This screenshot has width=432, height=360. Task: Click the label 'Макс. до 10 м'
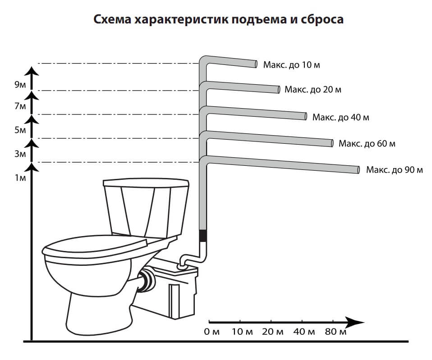(285, 64)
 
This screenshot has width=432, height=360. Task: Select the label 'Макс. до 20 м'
(313, 89)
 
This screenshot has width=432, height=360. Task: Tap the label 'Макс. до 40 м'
(340, 117)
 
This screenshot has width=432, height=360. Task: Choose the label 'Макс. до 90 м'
(394, 170)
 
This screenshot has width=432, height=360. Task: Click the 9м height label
(20, 84)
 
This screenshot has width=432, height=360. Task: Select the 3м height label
(20, 154)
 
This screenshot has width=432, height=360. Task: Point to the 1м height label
(20, 178)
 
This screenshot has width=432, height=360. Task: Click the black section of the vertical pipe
(203, 235)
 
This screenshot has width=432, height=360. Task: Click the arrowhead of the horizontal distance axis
(358, 322)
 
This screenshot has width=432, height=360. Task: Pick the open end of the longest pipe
(358, 170)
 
